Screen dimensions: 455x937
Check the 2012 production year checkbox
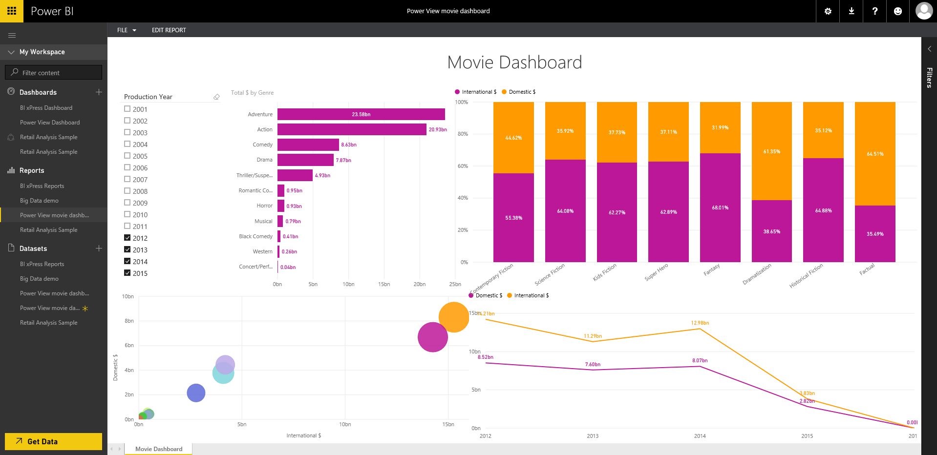pyautogui.click(x=128, y=238)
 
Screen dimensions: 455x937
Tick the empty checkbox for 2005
pyautogui.click(x=128, y=156)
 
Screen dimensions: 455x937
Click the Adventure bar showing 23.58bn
pyautogui.click(x=361, y=114)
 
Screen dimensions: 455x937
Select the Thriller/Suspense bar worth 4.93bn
pyautogui.click(x=295, y=175)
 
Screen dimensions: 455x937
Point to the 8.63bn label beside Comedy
pyautogui.click(x=349, y=145)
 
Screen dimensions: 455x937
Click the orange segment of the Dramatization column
pyautogui.click(x=771, y=151)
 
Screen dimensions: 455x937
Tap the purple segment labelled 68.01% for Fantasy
pyautogui.click(x=720, y=207)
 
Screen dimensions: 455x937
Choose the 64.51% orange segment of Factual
pyautogui.click(x=874, y=154)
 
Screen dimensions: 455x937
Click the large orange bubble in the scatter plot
pyautogui.click(x=454, y=317)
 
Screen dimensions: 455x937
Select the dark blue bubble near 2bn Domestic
pyautogui.click(x=196, y=393)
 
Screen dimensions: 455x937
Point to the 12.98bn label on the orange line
pyautogui.click(x=700, y=323)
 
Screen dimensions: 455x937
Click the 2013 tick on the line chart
pyautogui.click(x=593, y=436)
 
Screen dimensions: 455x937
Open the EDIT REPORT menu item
pyautogui.click(x=169, y=30)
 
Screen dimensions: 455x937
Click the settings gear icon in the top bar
pyautogui.click(x=828, y=11)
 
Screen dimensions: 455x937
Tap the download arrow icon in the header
pyautogui.click(x=851, y=11)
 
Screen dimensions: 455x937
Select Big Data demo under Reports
pyautogui.click(x=39, y=201)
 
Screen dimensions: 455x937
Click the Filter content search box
pyautogui.click(x=54, y=73)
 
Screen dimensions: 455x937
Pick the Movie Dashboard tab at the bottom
pyautogui.click(x=159, y=449)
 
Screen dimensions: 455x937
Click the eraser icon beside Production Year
pyautogui.click(x=216, y=97)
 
